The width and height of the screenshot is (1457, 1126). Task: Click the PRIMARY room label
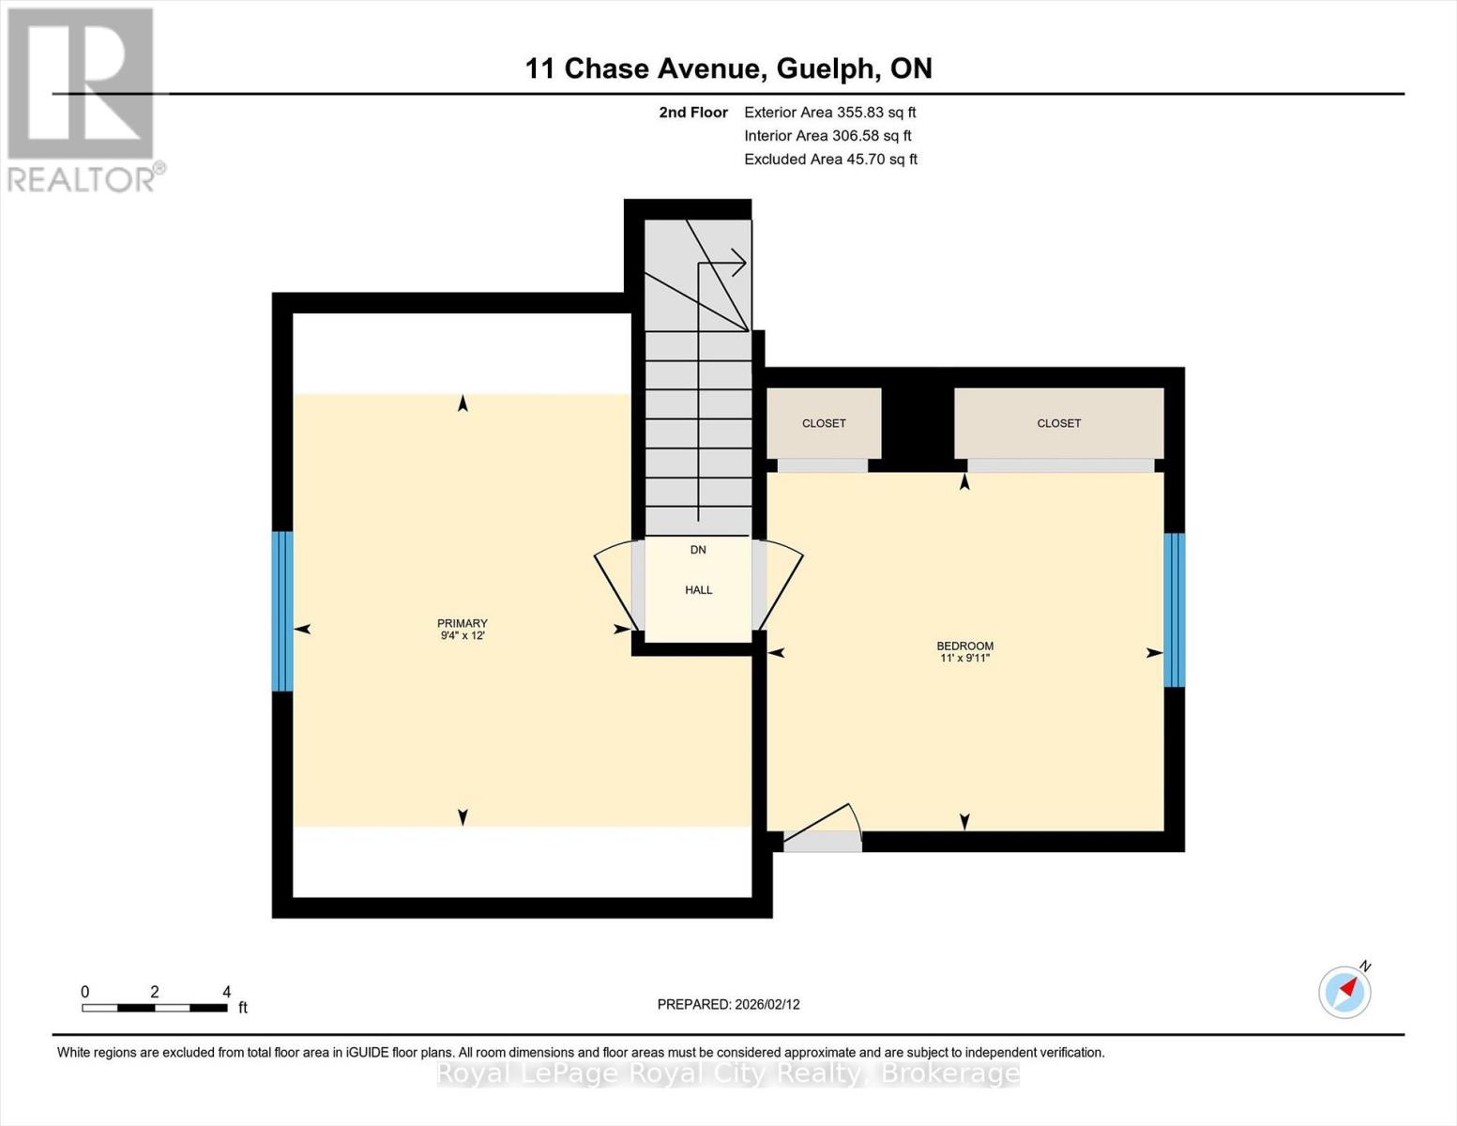(462, 623)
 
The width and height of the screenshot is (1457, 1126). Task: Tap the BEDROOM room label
(964, 646)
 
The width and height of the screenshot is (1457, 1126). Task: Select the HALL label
(698, 590)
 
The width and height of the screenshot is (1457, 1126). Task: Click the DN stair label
(698, 550)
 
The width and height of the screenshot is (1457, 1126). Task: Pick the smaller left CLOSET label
(824, 423)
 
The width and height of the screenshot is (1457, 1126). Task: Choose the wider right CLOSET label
(1058, 423)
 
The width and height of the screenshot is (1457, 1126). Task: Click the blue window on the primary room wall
(282, 611)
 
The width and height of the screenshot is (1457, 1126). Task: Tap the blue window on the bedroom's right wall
(1174, 610)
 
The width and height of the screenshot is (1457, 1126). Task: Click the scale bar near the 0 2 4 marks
(155, 1008)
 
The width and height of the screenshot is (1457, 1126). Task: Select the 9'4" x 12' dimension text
(462, 636)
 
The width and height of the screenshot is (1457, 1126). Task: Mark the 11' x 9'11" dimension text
(964, 659)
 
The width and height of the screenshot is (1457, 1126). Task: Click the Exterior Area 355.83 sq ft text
(829, 113)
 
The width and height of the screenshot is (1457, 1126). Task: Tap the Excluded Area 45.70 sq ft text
(830, 160)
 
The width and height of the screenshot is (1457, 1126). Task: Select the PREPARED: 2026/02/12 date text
(728, 1004)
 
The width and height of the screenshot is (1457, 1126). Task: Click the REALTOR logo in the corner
(83, 99)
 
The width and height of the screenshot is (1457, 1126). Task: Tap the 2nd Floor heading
(693, 113)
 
